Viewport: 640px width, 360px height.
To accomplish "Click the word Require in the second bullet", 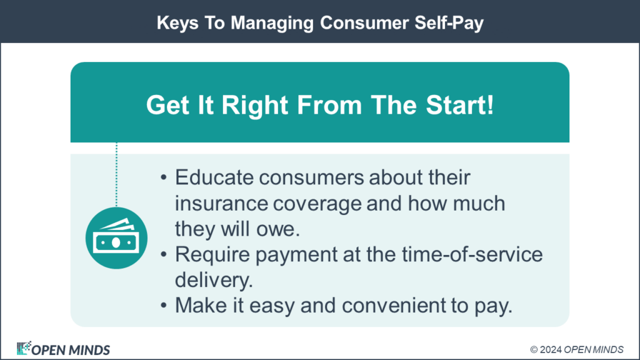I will click(208, 254).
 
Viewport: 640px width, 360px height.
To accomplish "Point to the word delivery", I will click(213, 280).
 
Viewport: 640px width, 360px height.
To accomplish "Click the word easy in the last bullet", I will click(291, 306).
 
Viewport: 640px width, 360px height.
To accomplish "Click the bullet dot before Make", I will click(164, 306).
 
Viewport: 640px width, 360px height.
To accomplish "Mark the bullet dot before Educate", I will click(164, 179).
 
